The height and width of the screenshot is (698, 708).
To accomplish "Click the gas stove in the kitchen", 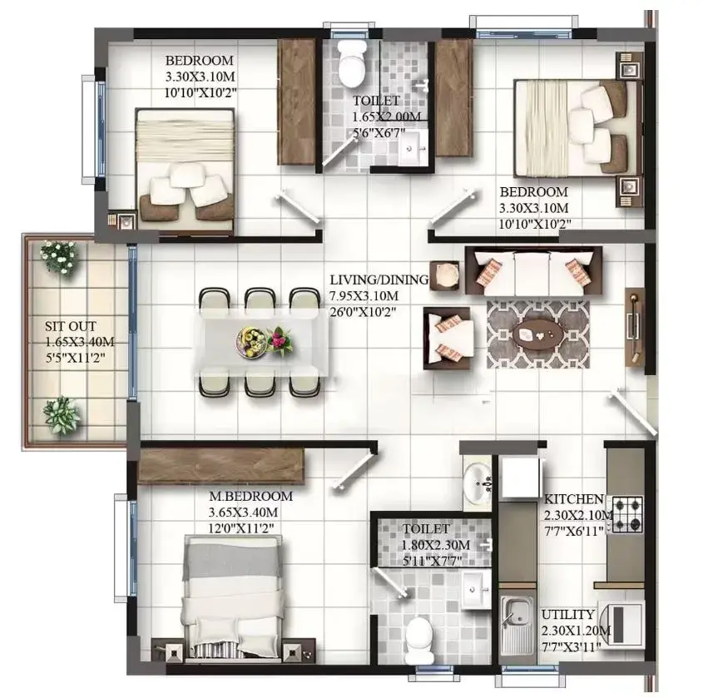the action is click(x=626, y=514).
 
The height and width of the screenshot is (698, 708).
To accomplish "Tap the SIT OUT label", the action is click(x=71, y=326).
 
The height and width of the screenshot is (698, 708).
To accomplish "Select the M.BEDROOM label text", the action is click(x=250, y=496).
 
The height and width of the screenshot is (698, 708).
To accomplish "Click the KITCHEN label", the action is click(x=573, y=499).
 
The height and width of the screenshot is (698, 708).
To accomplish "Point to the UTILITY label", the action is click(x=568, y=615).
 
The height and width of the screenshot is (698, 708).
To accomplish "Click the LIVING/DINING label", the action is click(x=379, y=280).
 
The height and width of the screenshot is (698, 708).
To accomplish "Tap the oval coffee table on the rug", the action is click(x=537, y=334).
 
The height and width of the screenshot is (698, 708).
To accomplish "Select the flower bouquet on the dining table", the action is click(x=280, y=341).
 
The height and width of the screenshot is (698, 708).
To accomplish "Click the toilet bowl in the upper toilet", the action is click(x=352, y=64).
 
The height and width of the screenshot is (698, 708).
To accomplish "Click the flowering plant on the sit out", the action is click(x=59, y=256).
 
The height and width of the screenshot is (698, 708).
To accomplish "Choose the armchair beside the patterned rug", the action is click(x=448, y=339).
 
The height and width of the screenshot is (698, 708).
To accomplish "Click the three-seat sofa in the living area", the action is click(x=534, y=271).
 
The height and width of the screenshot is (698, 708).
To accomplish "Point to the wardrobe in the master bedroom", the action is click(x=220, y=467).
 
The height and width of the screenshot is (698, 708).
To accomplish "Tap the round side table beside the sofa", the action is click(x=445, y=276).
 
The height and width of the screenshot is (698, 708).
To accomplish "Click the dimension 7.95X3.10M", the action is click(x=364, y=296).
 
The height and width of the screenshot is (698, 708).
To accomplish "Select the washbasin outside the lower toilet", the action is click(x=478, y=483).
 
